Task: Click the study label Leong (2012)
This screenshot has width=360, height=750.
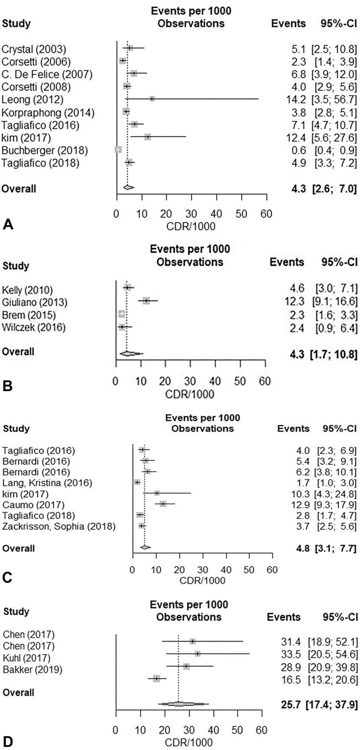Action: (33, 100)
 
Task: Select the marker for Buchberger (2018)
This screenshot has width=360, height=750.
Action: (118, 149)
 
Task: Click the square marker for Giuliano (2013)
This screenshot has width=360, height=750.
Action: (147, 301)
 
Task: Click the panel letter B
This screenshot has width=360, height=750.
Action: (7, 386)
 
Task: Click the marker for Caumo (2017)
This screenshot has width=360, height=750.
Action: (163, 504)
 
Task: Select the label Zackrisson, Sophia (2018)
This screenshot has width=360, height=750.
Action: (59, 526)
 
